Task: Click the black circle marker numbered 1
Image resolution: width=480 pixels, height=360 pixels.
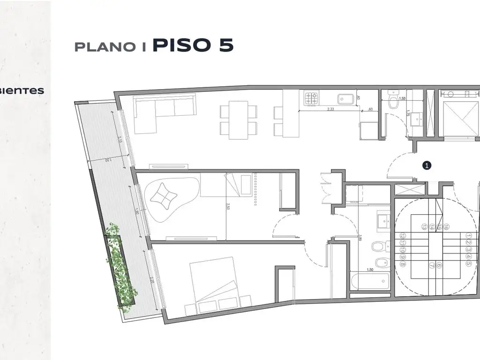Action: [x=427, y=165]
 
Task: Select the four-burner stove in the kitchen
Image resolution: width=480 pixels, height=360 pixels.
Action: [x=312, y=98]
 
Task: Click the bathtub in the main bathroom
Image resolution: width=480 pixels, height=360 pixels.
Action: [x=370, y=282]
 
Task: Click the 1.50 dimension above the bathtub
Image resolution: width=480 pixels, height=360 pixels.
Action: [x=369, y=270]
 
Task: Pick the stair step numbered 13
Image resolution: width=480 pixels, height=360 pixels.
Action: [x=424, y=227]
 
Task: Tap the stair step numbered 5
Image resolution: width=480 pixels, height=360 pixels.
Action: [x=468, y=263]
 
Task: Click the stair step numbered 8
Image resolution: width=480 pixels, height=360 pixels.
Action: [x=403, y=263]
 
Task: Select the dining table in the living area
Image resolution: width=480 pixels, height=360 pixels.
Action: [x=239, y=120]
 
